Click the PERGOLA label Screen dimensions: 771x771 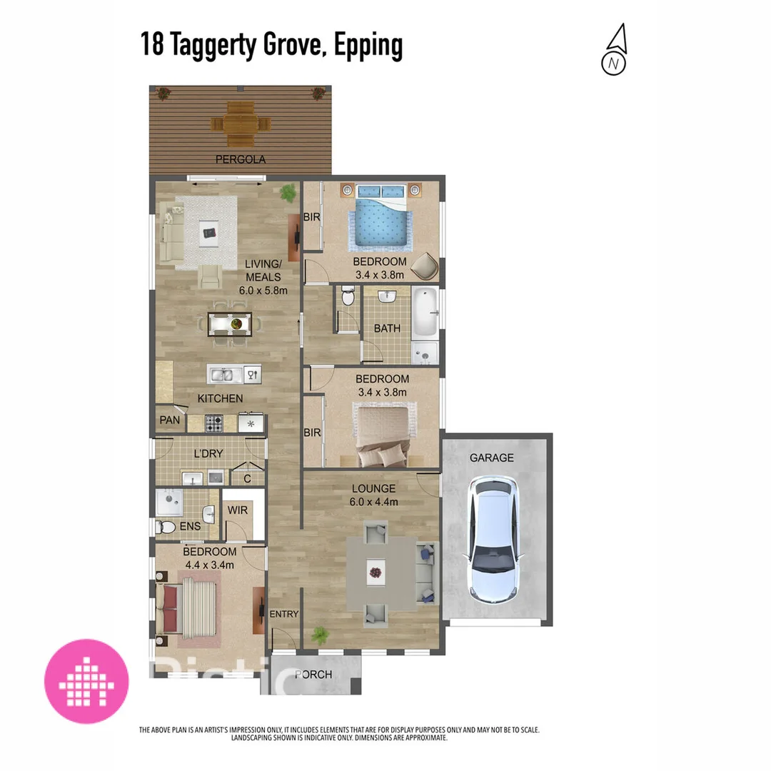click(242, 159)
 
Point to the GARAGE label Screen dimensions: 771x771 click(491, 458)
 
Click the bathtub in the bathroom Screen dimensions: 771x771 click(425, 313)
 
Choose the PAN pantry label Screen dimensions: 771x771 click(169, 420)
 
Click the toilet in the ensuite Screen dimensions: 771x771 click(167, 528)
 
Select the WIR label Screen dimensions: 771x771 click(238, 510)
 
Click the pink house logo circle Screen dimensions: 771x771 click(86, 680)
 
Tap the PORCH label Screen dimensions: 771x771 click(313, 675)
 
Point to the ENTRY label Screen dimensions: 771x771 click(284, 614)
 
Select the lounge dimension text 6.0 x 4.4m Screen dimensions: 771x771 click(373, 502)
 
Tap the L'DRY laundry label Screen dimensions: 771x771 click(208, 453)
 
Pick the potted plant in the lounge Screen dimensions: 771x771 click(320, 635)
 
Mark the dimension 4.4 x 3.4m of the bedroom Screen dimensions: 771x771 click(209, 565)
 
